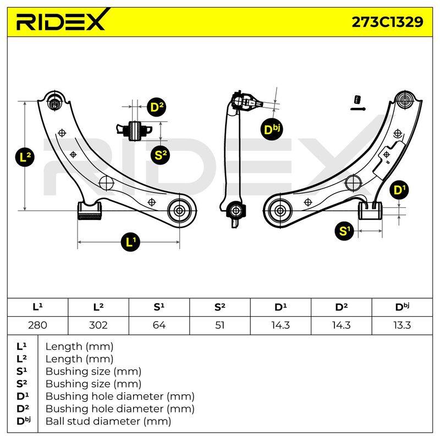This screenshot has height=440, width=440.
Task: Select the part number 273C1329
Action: click(x=387, y=22)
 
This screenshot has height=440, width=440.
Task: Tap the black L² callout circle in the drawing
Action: click(x=25, y=157)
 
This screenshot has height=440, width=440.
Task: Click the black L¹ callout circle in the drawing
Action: click(x=130, y=241)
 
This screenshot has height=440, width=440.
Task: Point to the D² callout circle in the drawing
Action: click(x=156, y=107)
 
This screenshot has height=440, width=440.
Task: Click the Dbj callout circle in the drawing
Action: click(x=272, y=130)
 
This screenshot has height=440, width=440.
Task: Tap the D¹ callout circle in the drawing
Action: click(x=399, y=190)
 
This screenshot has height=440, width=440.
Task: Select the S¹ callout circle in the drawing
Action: click(x=344, y=231)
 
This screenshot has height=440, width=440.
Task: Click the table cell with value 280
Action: click(x=37, y=325)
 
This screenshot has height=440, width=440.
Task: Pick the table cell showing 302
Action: click(x=98, y=325)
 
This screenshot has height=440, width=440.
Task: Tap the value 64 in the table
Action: click(x=159, y=325)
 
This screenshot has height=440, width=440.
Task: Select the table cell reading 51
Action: click(x=219, y=325)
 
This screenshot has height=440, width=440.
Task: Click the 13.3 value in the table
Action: click(x=402, y=325)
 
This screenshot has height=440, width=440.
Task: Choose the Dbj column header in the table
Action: click(x=402, y=307)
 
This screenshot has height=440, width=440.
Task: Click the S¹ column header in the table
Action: click(x=159, y=307)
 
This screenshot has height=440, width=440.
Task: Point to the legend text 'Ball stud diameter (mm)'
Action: click(x=108, y=421)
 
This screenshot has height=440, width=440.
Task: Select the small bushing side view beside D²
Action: click(x=134, y=131)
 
